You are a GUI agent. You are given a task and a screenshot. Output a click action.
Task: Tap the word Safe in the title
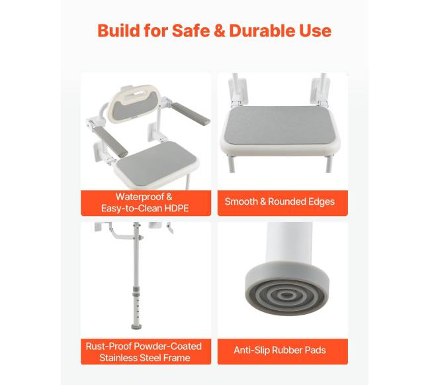[x=191, y=30]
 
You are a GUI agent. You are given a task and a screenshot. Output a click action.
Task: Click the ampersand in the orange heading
[x=220, y=30]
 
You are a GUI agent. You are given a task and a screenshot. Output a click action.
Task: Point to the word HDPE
[x=177, y=208]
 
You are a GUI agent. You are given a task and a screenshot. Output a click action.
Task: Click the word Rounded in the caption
[x=286, y=201]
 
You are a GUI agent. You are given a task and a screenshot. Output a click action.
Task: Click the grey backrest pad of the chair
[x=136, y=106]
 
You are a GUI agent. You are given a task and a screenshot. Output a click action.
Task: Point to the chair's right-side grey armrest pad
[x=191, y=113]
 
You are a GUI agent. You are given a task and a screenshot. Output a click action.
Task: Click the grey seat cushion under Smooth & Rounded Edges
[x=280, y=126]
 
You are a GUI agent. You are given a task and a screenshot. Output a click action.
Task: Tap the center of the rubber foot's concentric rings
[x=287, y=295]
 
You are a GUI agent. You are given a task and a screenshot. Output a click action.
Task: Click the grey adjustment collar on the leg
[x=136, y=291]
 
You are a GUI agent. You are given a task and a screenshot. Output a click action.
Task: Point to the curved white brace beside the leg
[x=120, y=233]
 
